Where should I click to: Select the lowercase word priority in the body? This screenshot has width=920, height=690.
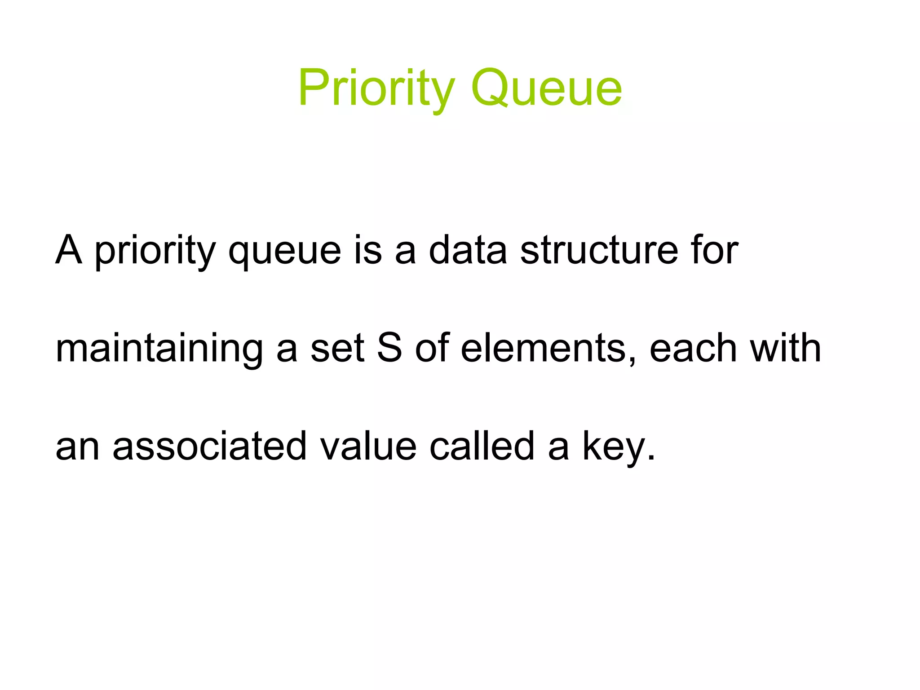155,252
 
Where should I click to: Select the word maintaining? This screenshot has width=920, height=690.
159,349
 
